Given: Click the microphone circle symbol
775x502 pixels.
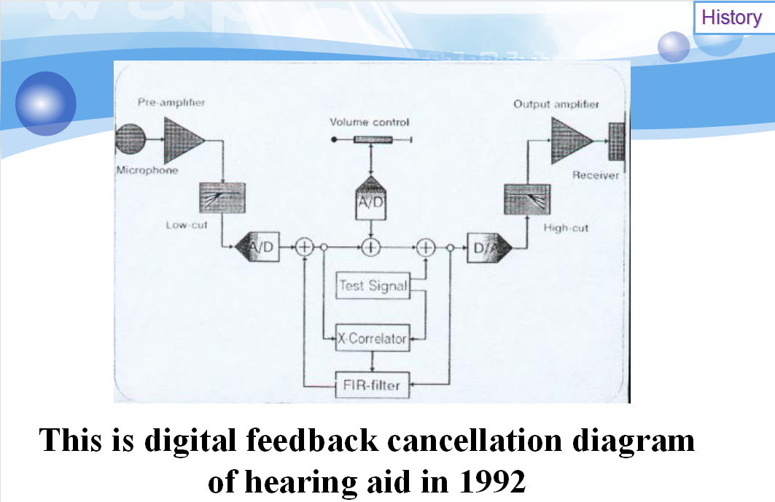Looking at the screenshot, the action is pos(130,139).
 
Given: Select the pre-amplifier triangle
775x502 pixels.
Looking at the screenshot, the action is pos(184,141).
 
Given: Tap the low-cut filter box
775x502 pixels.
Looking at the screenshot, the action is pos(222,198).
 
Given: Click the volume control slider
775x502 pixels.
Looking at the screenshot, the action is pos(373,140).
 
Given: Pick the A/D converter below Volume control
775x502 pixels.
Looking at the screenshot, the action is pos(370,198).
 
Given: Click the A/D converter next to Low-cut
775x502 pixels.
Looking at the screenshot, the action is pos(257,247).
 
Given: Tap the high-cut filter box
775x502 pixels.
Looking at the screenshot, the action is pos(527,199).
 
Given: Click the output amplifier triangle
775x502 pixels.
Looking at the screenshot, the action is pos(572,141).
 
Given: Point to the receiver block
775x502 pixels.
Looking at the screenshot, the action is pos(616,142).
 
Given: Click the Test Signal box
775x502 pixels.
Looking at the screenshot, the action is pos(373,285).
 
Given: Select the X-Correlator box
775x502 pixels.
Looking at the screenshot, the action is pos(373,338).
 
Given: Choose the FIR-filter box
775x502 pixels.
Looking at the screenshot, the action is pos(372,385).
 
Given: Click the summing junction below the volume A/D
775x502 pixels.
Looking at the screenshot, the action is pos(370,247).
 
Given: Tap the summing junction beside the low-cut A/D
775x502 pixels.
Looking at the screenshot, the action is pos(305,247).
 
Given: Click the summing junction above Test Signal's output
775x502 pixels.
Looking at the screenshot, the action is pos(426,247).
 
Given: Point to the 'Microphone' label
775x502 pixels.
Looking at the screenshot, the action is pos(147,170).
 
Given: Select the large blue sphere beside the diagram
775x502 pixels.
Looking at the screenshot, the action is pos(46,104).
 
